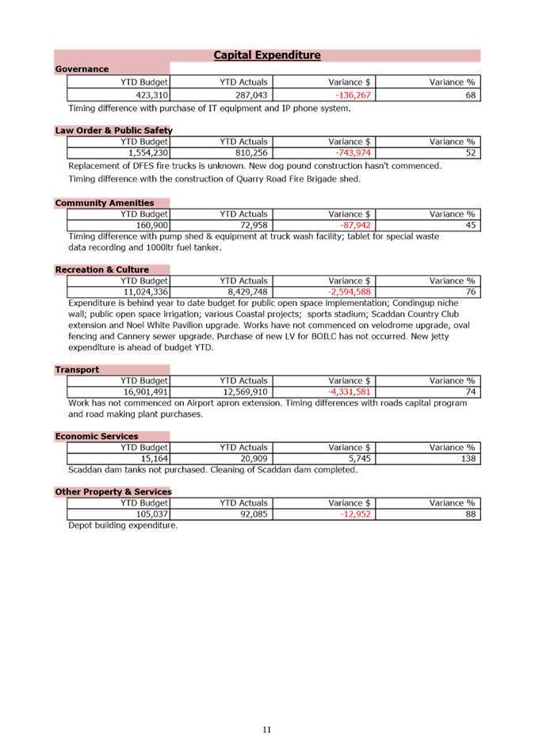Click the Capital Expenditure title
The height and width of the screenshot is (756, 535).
267,55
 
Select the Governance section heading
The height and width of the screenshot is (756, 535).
82,70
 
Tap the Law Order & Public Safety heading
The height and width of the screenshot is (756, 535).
113,130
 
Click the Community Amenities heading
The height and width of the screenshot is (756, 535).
105,203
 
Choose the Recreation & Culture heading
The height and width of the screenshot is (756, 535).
101,269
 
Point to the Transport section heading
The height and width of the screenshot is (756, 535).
77,369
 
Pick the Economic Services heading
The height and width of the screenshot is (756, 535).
96,436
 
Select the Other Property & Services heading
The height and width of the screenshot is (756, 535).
113,491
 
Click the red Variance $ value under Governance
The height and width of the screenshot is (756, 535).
353,95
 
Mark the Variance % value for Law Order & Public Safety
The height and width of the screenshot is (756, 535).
470,152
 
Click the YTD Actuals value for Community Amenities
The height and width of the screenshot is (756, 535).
254,225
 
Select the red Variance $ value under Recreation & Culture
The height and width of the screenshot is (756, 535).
350,292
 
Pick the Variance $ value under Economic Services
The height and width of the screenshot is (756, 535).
360,458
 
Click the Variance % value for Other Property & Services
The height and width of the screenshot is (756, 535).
470,514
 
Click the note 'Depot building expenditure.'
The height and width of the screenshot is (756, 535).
123,525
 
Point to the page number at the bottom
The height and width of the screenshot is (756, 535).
267,729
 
